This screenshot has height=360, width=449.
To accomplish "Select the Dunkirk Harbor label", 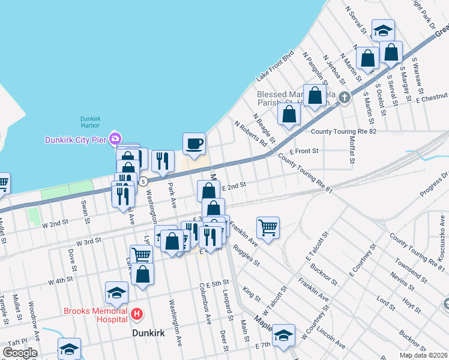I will [95, 122].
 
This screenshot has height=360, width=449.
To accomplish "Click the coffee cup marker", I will [194, 143].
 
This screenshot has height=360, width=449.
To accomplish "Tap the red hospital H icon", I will [137, 314].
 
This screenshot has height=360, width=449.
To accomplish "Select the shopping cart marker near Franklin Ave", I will [268, 227].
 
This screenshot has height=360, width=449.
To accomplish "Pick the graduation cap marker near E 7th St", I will [283, 335].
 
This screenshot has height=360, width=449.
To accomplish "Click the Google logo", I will [20, 353].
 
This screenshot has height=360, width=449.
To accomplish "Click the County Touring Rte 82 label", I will [343, 131].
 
